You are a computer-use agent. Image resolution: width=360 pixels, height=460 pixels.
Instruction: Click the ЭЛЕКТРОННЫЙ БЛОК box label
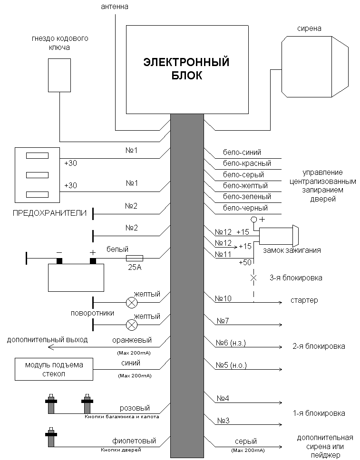[x=186, y=69]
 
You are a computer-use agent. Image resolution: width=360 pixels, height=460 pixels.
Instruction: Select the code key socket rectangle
[x=59, y=75]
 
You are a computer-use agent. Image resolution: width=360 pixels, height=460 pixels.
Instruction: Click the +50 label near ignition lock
[x=245, y=262]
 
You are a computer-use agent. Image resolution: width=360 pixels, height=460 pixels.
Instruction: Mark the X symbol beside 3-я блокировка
[x=253, y=277]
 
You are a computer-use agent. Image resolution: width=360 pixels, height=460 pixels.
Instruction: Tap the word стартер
[x=304, y=301]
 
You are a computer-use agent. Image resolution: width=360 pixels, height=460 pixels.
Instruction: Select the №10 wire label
[x=223, y=298]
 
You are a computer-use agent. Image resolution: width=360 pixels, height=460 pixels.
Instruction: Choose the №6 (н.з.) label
[x=231, y=343]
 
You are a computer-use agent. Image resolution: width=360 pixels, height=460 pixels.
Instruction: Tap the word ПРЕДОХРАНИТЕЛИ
[x=49, y=213]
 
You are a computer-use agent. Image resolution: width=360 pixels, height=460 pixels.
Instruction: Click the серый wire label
[x=246, y=441]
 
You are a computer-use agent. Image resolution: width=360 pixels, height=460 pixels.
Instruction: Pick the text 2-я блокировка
[x=319, y=346]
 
